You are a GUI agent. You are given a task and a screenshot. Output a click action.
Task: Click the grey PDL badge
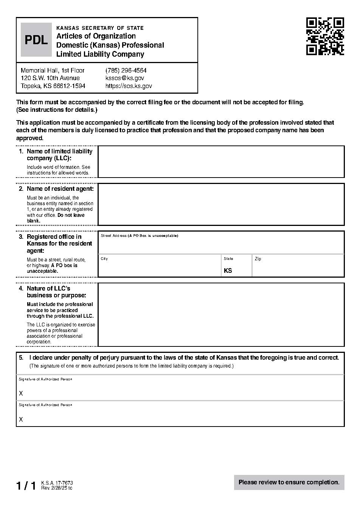click(36, 40)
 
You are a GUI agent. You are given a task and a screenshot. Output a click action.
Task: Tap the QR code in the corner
click(325, 37)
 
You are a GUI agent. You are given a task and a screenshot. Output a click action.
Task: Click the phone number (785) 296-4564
click(126, 71)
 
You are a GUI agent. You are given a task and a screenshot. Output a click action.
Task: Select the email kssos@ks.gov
click(124, 78)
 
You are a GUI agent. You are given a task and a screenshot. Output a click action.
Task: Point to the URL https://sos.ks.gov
click(129, 86)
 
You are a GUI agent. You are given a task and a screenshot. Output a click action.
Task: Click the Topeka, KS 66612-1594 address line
click(53, 86)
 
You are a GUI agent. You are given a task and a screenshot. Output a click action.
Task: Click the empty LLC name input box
click(221, 162)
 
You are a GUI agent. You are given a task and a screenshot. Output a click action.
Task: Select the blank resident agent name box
click(221, 204)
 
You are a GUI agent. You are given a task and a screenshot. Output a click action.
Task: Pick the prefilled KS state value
click(228, 271)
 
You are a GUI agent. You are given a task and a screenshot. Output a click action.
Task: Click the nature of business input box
click(221, 314)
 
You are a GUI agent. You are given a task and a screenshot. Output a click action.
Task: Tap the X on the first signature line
click(21, 394)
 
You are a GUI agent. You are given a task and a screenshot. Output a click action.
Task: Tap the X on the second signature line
click(21, 420)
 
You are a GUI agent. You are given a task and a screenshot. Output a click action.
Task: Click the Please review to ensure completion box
click(289, 482)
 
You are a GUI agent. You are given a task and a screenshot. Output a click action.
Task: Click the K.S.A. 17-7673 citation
click(57, 483)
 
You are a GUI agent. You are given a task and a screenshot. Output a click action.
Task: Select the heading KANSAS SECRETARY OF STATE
click(100, 28)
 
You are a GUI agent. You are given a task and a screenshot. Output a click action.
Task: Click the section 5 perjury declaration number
click(21, 358)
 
